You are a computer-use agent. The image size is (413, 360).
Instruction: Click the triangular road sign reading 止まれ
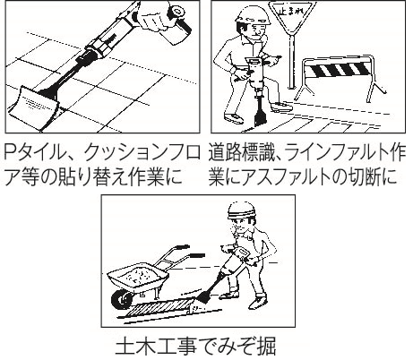pos(291,15)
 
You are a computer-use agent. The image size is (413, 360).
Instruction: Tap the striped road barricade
pos(340,78)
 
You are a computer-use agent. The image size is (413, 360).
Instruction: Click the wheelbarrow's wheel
pos(122,299)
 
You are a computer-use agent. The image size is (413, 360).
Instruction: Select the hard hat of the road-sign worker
pos(253,15)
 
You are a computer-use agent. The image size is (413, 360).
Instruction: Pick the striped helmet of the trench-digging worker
pos(242,210)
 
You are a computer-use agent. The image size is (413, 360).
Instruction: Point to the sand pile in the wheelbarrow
pos(142,273)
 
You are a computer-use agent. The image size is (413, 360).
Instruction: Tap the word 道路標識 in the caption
pos(241,153)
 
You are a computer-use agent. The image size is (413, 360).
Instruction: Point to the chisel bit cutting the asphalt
pos(259,112)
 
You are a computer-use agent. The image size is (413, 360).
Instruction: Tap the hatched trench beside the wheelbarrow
pos(159,308)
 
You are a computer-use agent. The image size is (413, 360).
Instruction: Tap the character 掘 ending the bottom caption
pos(266,347)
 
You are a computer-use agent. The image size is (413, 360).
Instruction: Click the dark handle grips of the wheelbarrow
pos(189,252)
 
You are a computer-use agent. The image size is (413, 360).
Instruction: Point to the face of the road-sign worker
pos(256,30)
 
